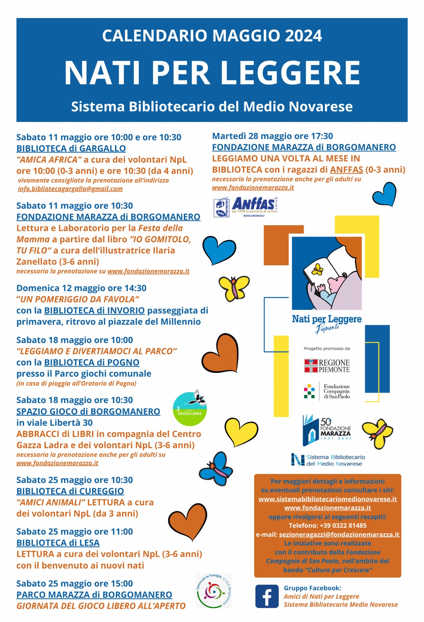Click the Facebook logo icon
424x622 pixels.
click(267, 596)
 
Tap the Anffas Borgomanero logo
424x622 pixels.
click(246, 207)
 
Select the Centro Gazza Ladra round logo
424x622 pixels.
click(190, 409)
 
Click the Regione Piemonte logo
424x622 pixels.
click(327, 366)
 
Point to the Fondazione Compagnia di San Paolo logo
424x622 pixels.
click(327, 391)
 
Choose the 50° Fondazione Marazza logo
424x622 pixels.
click(327, 430)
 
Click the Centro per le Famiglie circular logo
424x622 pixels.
click(213, 591)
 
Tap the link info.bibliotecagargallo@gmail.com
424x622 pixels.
click(70, 189)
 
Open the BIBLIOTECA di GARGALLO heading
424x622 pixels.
click(71, 148)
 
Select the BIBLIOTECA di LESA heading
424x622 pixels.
click(58, 543)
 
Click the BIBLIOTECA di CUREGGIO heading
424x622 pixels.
click(70, 491)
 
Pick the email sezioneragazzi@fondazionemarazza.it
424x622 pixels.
click(339, 535)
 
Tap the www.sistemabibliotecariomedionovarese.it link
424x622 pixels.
click(327, 499)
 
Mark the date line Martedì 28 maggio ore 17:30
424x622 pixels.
click(272, 136)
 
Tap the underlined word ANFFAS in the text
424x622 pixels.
click(346, 170)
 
